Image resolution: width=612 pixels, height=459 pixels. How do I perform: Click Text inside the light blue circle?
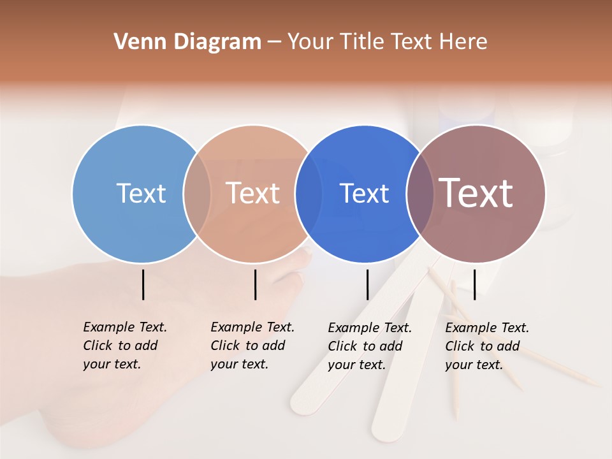141,193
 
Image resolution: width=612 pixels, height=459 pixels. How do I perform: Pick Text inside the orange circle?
252,193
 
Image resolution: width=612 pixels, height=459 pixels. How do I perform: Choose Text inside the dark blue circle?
364,193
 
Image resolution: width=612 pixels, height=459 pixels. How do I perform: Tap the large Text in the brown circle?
476,193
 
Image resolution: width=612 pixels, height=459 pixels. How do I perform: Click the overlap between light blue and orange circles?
197,193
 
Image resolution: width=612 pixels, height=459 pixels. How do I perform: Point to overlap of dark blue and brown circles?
420,193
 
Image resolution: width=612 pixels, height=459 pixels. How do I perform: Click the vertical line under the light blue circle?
143,284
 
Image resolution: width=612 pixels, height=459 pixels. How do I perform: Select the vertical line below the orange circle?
255,284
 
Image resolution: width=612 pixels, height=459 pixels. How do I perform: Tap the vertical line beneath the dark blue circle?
367,284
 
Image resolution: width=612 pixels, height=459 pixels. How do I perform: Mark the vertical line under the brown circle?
474,284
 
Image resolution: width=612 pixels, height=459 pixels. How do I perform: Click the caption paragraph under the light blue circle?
124,346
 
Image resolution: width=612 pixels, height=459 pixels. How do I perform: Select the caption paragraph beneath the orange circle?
252,346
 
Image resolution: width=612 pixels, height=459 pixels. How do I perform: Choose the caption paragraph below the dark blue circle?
369,346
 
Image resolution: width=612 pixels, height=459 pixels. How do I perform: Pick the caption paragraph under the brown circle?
486,346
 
